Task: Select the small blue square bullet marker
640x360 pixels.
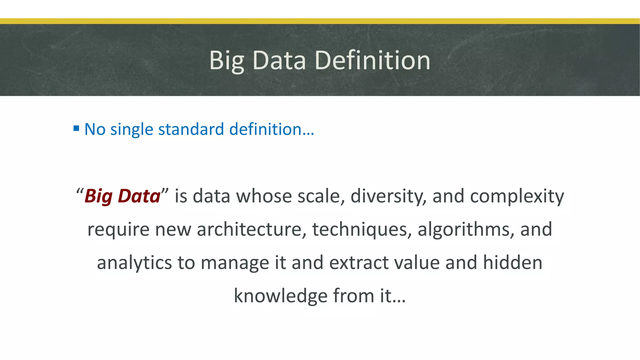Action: [x=76, y=128]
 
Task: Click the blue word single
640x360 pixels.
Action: [x=132, y=129]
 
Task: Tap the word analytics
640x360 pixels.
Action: [x=134, y=263]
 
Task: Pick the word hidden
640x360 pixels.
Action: [x=512, y=262]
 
